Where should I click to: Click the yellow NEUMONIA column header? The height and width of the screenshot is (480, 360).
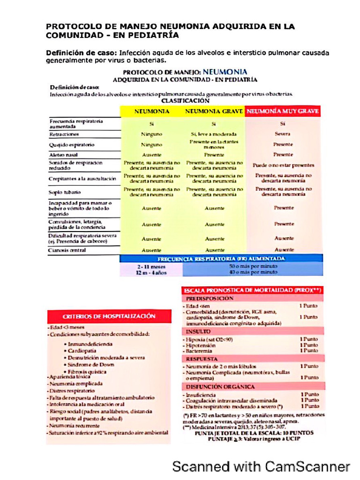tap(152, 112)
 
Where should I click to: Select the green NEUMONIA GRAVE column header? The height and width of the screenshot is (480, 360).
tap(214, 112)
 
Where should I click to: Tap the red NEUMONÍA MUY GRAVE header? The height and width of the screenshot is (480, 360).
tap(283, 112)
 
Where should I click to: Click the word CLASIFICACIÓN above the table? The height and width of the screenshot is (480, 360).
tap(186, 100)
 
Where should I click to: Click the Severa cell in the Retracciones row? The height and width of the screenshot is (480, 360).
tap(283, 134)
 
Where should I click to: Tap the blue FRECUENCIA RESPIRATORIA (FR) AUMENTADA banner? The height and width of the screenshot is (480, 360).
tap(221, 258)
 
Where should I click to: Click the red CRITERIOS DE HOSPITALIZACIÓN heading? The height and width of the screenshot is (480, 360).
tap(109, 316)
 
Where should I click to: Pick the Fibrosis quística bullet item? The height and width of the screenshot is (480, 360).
tap(87, 372)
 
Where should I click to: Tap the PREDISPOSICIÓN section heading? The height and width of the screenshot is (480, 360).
tap(210, 298)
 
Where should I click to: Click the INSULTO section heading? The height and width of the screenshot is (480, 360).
tap(199, 331)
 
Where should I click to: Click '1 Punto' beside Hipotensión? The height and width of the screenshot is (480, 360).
tap(309, 345)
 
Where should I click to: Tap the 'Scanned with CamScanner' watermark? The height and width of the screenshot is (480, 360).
tap(261, 466)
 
